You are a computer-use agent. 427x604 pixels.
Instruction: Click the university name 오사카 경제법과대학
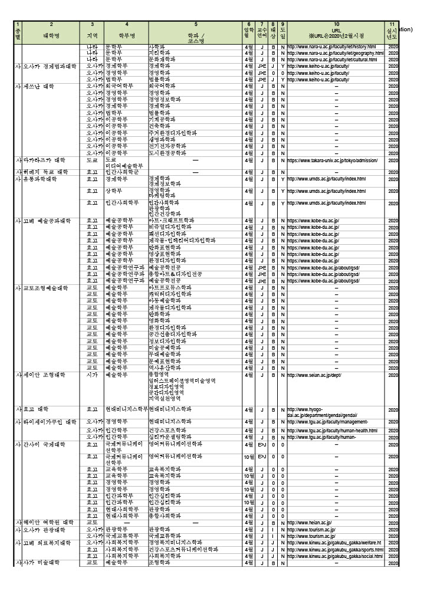coord(50,66)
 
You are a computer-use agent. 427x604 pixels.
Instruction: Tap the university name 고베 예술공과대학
coord(47,221)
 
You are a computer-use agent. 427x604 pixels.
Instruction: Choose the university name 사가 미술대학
coord(42,562)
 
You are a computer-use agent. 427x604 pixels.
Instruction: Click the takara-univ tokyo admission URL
coord(332,160)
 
